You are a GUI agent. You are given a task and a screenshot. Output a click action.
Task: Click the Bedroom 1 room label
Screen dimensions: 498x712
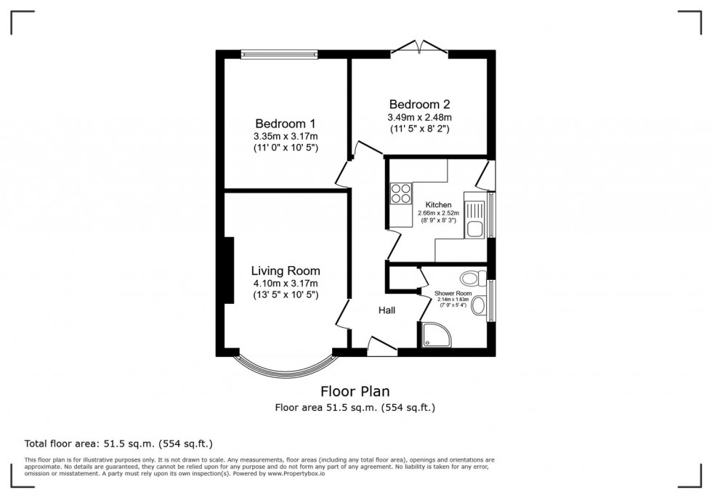click(286, 123)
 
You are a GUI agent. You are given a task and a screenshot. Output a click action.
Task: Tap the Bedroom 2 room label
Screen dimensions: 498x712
click(420, 103)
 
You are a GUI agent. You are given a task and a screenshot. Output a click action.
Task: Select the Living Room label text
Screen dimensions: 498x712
click(286, 270)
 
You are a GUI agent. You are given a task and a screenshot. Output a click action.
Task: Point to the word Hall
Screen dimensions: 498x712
click(387, 310)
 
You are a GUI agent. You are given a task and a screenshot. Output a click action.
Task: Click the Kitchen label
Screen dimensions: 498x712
click(438, 205)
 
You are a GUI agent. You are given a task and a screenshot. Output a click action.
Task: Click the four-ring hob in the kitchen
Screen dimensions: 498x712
click(400, 193)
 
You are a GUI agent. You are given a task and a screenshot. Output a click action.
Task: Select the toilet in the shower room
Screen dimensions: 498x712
click(472, 277)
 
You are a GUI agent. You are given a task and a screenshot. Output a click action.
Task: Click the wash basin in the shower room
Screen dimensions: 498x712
click(479, 306)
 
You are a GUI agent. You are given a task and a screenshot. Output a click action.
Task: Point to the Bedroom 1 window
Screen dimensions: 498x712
click(279, 52)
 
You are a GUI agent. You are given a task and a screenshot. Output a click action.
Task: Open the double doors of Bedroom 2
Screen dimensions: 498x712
click(418, 48)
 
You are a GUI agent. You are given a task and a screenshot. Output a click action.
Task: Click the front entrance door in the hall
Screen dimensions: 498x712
click(382, 347)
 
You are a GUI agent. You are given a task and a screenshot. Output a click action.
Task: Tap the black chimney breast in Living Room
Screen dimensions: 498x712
click(228, 270)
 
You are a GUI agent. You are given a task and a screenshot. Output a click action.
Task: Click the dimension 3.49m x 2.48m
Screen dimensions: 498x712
click(420, 117)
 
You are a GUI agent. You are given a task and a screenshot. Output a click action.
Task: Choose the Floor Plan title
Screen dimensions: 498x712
click(355, 391)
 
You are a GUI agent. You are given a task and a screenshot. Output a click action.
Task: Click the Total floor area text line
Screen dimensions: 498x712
click(118, 443)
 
